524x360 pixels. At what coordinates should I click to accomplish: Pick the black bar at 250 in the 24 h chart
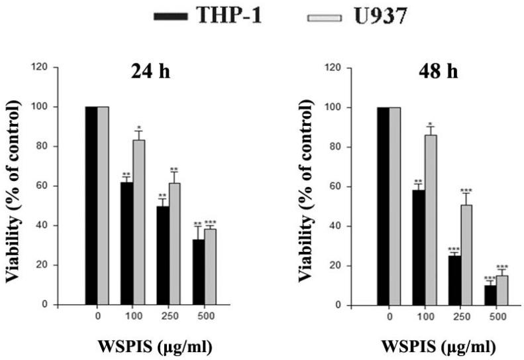[x=163, y=255]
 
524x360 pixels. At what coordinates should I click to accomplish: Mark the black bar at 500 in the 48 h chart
[x=490, y=295]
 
